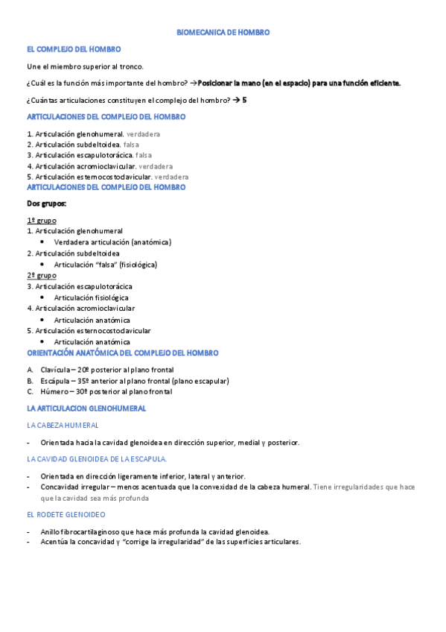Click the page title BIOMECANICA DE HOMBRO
tap(223, 33)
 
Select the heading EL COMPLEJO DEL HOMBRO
tap(73, 49)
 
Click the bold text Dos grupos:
tap(47, 203)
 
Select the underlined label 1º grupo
tap(42, 221)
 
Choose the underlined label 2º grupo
tap(42, 275)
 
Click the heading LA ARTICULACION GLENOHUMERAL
tap(86, 408)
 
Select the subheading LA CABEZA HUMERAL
tap(63, 425)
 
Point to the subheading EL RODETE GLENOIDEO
tap(66, 515)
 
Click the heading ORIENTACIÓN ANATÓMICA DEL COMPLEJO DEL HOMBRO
tap(122, 353)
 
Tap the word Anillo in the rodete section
tap(51, 532)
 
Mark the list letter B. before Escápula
tap(30, 381)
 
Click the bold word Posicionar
tap(217, 83)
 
